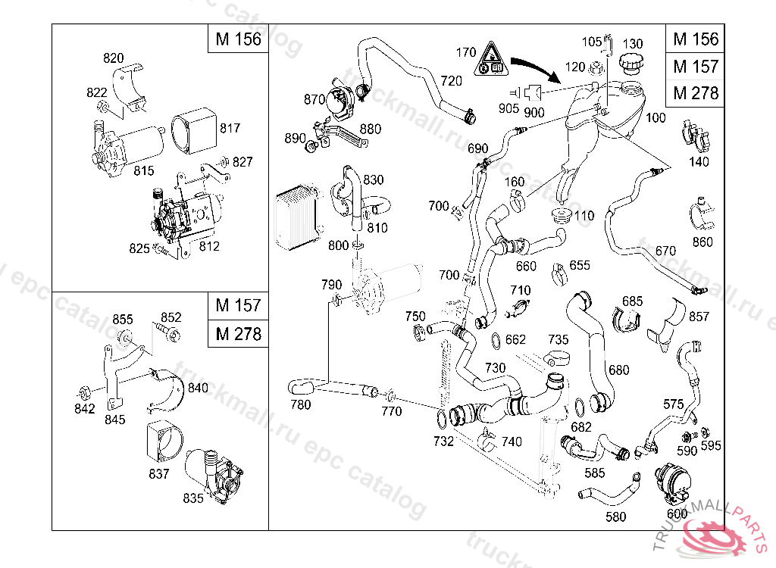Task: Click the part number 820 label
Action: [x=114, y=58]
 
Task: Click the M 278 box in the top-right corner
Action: [x=695, y=93]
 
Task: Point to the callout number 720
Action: [x=451, y=80]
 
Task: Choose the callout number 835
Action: [x=193, y=498]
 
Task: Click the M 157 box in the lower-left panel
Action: [x=238, y=306]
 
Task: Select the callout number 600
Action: [x=677, y=513]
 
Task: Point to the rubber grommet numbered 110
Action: [x=562, y=214]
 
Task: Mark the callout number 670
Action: [x=665, y=251]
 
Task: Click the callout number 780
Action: [x=301, y=404]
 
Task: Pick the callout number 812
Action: [x=209, y=246]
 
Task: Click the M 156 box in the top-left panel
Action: [x=238, y=39]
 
